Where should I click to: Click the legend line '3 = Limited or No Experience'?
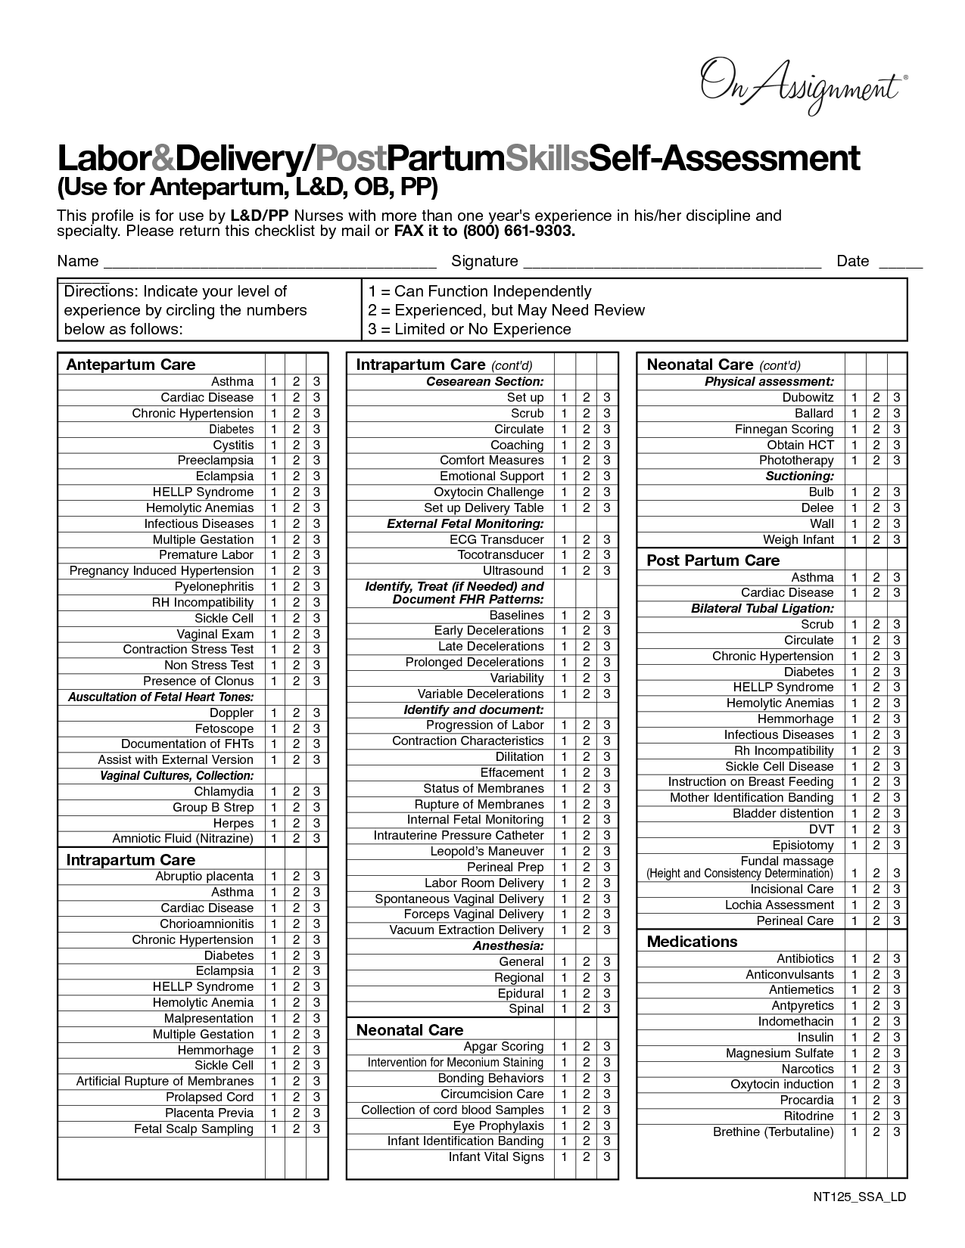click(469, 329)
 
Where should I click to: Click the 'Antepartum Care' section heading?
click(131, 365)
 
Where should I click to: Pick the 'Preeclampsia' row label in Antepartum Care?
click(216, 461)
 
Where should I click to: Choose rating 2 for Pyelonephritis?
click(296, 587)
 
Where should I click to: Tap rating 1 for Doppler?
click(274, 713)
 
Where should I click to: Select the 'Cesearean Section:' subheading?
click(485, 382)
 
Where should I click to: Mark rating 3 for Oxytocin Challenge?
click(607, 492)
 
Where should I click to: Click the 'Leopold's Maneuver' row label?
click(487, 852)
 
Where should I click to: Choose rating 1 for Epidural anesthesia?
click(564, 994)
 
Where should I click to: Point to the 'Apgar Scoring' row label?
click(503, 1047)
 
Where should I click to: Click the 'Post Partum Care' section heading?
click(713, 560)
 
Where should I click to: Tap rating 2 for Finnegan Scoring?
click(876, 430)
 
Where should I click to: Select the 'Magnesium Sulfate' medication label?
click(780, 1054)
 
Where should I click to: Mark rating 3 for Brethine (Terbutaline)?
click(897, 1132)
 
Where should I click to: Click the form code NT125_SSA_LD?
click(860, 1197)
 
